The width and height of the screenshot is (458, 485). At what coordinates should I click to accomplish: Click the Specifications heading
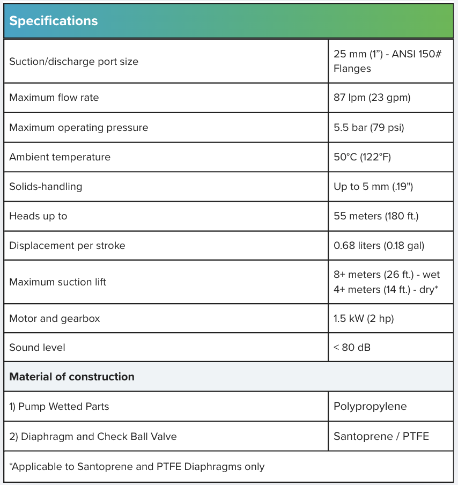54,21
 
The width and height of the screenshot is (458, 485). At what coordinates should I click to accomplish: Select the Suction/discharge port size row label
73,62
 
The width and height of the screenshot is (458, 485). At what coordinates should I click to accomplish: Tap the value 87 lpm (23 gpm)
372,98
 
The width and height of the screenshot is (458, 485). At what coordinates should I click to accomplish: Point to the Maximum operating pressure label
78,128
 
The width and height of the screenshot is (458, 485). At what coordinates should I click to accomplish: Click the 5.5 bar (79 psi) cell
368,128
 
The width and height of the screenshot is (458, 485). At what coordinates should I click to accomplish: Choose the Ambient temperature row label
60,157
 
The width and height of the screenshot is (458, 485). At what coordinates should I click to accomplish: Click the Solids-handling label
46,187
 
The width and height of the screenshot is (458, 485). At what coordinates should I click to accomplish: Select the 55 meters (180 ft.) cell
375,216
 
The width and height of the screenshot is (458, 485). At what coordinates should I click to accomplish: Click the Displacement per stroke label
67,246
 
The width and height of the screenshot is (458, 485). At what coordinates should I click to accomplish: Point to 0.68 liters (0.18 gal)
379,246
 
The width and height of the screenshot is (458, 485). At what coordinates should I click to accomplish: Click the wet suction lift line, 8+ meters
386,275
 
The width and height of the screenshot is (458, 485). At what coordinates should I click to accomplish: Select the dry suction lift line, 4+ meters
386,289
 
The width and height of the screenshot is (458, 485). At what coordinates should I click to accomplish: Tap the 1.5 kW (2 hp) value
364,318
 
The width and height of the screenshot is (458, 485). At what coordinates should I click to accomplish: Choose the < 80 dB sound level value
352,347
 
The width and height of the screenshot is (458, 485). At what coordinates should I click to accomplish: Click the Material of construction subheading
72,377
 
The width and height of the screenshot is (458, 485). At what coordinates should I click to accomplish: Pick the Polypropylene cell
370,406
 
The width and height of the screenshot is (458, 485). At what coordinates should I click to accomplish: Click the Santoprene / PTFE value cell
381,436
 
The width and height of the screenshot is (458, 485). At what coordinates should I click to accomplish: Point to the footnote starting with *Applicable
137,466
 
